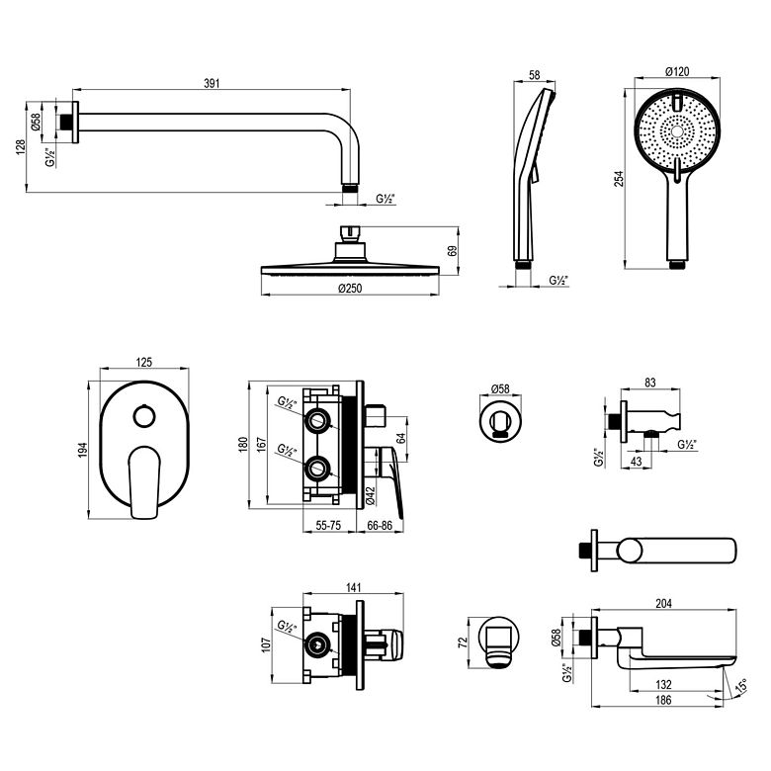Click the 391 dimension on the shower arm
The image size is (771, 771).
[212, 83]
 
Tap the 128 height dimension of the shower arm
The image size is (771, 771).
[20, 147]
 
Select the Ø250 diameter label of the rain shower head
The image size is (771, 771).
[350, 289]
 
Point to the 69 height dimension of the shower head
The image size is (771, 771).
[453, 250]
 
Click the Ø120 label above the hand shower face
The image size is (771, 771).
[677, 71]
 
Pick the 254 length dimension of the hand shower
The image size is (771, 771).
[619, 179]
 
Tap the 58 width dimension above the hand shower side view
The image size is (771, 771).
[534, 75]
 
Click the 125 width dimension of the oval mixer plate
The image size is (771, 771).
[143, 363]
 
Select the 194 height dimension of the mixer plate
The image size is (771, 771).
[82, 450]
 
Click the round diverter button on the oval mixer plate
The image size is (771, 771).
[144, 417]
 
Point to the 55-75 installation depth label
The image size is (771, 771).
[328, 525]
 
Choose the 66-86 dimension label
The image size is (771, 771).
[380, 525]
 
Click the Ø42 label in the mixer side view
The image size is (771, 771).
[371, 495]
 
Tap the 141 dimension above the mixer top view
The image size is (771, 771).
[353, 587]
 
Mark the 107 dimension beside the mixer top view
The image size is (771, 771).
[266, 644]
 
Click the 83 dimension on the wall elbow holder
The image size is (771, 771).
[650, 383]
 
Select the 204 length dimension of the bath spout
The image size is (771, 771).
[663, 603]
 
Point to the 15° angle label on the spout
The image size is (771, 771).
[741, 685]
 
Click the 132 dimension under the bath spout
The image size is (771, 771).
[663, 684]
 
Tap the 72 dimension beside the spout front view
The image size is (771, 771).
[463, 642]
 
